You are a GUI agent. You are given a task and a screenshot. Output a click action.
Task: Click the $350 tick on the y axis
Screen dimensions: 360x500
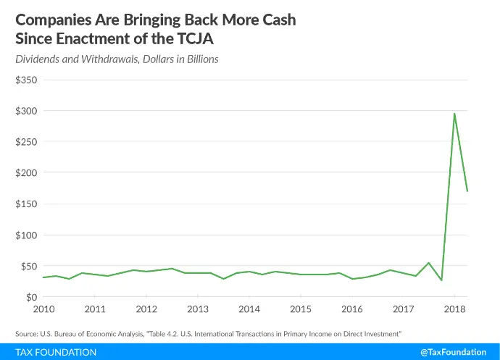pos(26,80)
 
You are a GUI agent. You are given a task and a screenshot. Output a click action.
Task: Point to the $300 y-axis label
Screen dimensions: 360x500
pos(26,111)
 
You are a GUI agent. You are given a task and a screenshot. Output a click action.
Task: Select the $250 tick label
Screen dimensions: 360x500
pos(26,142)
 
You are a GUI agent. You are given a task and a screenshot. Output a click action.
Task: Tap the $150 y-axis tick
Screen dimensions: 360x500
pos(26,204)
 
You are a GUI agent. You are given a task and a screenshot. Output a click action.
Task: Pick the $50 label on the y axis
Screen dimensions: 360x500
pos(29,267)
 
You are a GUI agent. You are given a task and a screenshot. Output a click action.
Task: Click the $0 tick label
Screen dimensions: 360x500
pos(32,297)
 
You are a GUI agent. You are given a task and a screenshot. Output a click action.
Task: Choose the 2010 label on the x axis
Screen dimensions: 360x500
pos(43,309)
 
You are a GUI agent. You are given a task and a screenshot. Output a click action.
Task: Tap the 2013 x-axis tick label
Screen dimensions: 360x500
pos(198,309)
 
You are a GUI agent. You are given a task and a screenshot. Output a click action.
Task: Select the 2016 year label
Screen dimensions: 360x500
pos(352,309)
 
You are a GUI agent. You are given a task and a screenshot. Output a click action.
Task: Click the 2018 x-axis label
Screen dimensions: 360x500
pos(455,309)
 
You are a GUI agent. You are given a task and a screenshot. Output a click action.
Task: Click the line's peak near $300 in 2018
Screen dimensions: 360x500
pos(454,114)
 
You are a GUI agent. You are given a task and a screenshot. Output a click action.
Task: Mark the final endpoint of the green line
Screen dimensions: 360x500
pos(467,191)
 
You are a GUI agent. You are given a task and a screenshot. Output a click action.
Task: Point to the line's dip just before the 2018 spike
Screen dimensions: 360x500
pos(441,280)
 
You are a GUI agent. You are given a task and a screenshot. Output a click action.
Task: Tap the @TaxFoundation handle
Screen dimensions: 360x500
pos(454,352)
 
